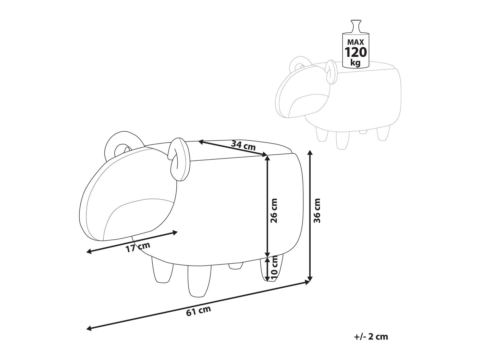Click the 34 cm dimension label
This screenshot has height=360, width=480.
point(243,145)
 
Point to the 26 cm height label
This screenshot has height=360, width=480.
point(274,210)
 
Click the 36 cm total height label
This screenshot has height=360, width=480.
point(317,210)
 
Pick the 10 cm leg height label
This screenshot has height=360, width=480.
point(274,268)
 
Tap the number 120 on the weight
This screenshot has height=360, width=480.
point(356,52)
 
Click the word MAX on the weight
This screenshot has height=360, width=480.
point(356,42)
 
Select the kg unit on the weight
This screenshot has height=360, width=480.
point(355,62)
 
